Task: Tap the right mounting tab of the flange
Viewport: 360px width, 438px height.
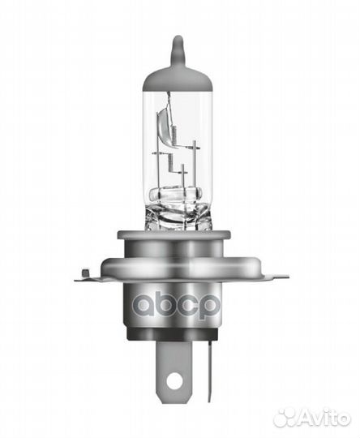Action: click(272, 276)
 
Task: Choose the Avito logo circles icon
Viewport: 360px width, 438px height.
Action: click(286, 417)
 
